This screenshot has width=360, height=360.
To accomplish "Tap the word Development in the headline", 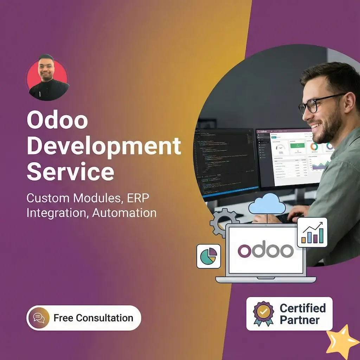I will pyautogui.click(x=104, y=147).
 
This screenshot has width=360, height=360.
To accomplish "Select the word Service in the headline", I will pyautogui.click(x=70, y=172).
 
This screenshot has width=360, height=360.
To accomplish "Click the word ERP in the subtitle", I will pyautogui.click(x=137, y=198).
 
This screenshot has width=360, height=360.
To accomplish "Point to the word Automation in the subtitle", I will pyautogui.click(x=124, y=213).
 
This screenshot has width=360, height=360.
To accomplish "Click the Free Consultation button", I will pyautogui.click(x=84, y=318).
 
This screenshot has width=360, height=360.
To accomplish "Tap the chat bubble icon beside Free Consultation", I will pyautogui.click(x=39, y=318).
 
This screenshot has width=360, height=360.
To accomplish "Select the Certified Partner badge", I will pyautogui.click(x=289, y=314).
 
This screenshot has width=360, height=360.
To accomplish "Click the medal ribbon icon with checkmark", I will pyautogui.click(x=263, y=313).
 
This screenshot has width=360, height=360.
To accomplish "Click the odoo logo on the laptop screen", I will pyautogui.click(x=265, y=250).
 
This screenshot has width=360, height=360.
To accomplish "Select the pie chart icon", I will pyautogui.click(x=208, y=256).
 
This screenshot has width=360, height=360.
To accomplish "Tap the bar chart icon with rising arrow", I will pyautogui.click(x=312, y=232).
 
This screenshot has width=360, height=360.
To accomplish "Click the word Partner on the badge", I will pyautogui.click(x=300, y=320).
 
